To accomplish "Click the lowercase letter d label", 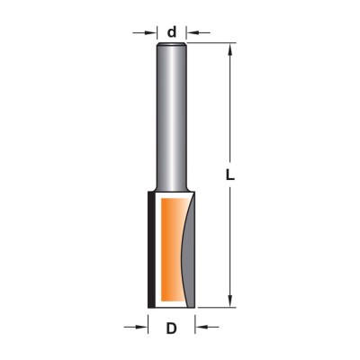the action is point(172,31).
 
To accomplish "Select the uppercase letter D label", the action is point(171,329).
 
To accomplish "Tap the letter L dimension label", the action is point(229,175).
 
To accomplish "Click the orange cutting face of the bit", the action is point(171,249).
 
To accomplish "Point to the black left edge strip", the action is point(151,249).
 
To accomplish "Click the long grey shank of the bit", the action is point(172,117).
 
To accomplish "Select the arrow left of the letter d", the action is point(145,32).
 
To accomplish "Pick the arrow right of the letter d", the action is point(198,32).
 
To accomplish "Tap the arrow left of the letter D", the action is point(136,327).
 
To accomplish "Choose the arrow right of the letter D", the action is point(207,327).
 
